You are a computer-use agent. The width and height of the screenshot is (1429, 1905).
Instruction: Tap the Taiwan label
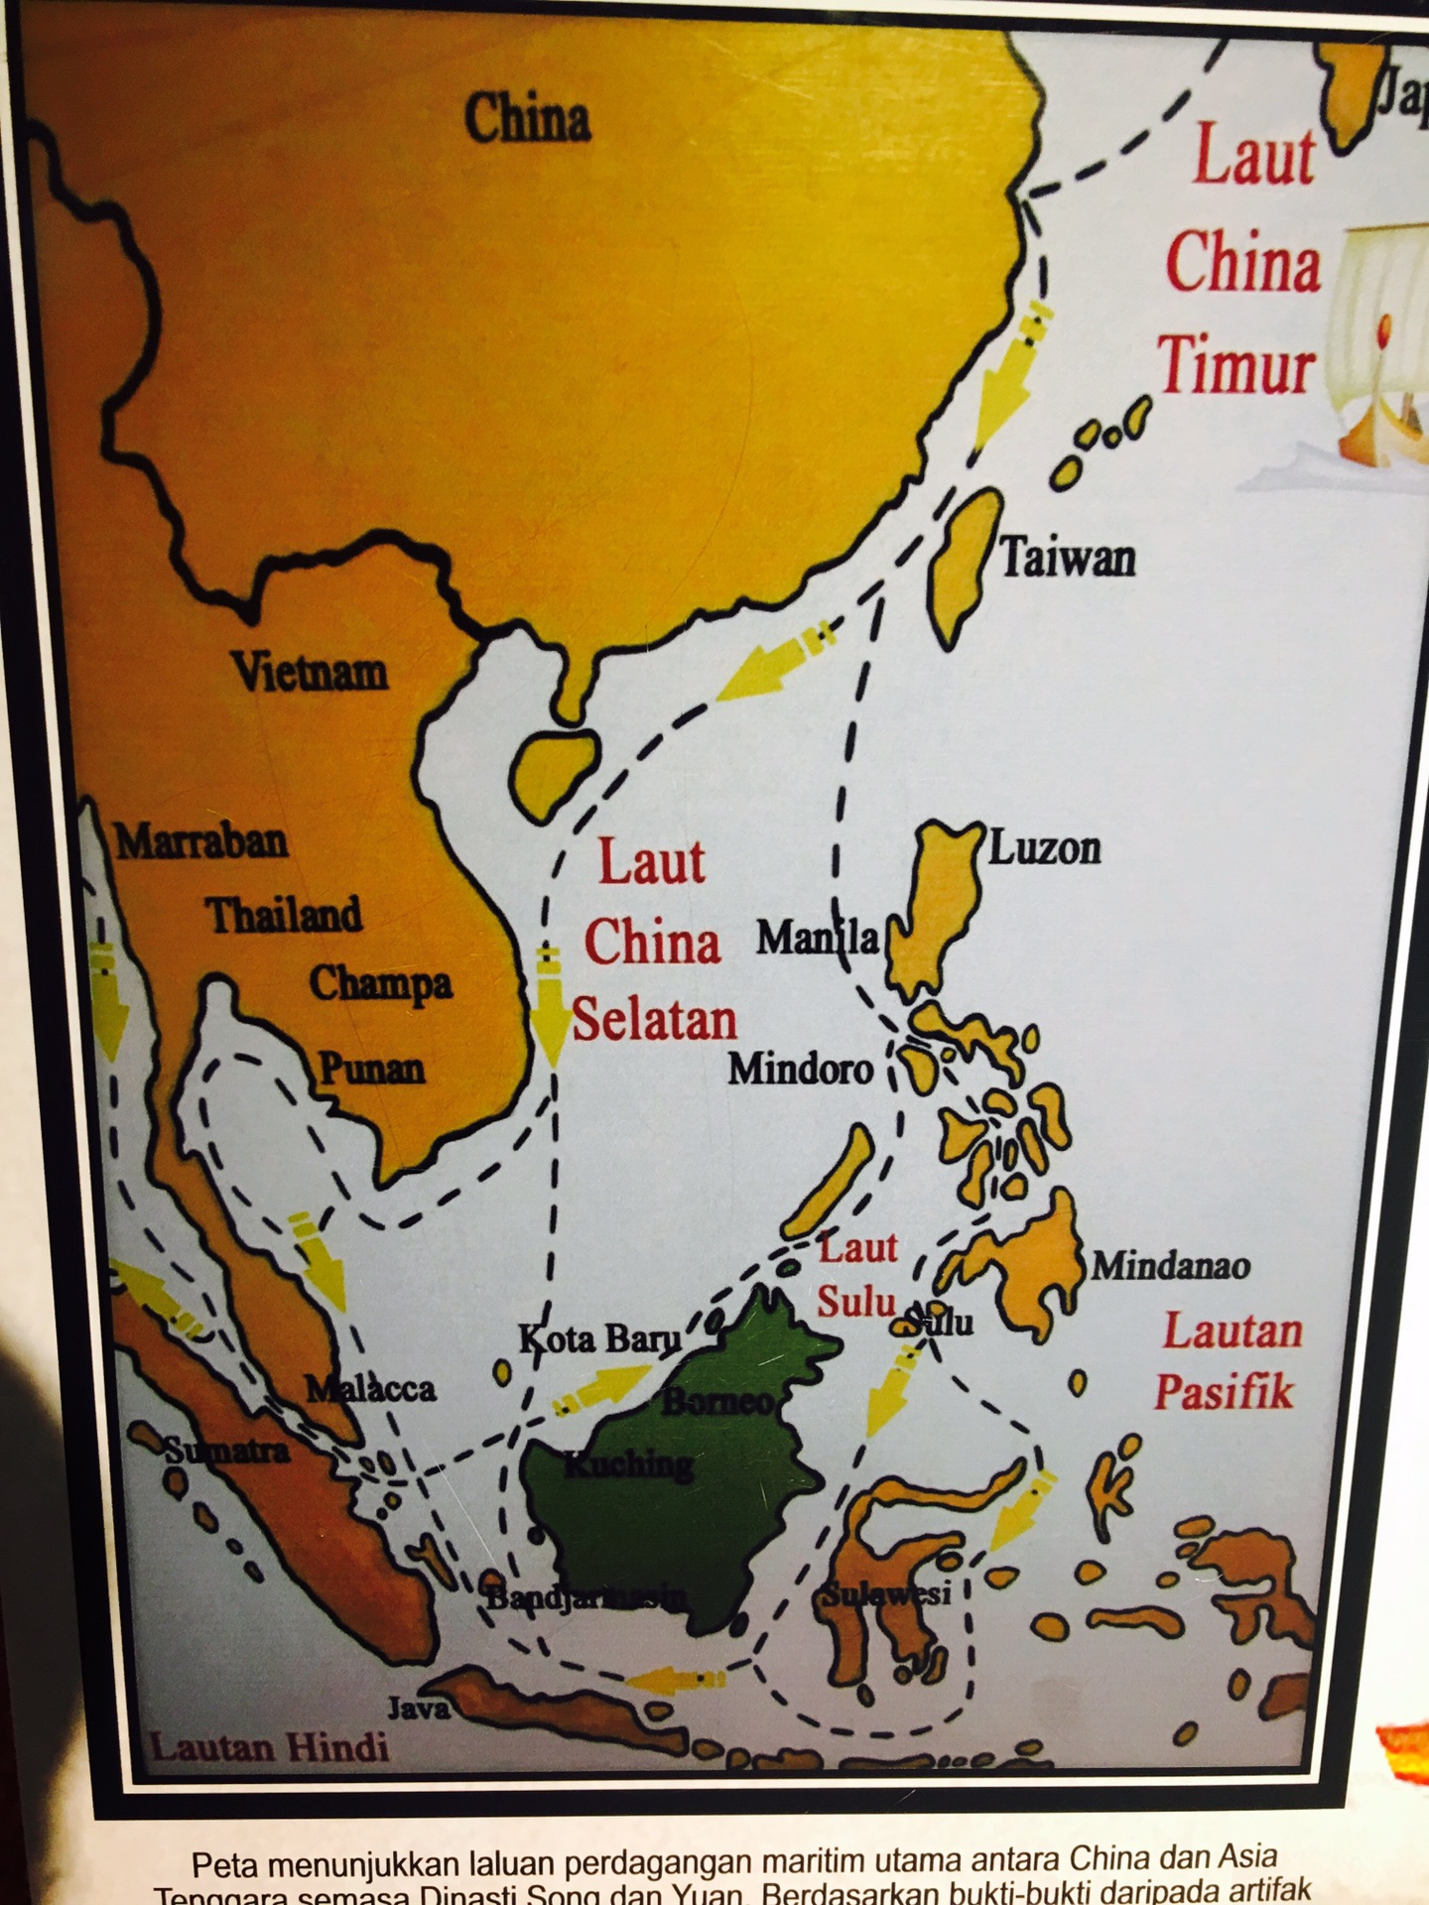pos(1067,557)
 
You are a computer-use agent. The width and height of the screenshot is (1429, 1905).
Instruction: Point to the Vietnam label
pos(310,672)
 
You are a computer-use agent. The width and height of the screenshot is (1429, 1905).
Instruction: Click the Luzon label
pos(1045,848)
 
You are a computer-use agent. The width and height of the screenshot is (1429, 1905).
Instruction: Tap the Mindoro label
pos(801,1069)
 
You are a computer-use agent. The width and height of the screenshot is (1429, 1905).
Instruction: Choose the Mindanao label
pos(1170,1265)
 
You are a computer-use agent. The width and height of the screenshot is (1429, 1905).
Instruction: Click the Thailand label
pos(284,915)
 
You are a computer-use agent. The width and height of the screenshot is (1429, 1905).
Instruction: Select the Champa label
pos(380,983)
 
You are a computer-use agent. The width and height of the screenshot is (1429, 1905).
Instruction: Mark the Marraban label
pos(202,842)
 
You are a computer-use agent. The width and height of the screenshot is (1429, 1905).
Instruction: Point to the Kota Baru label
pos(599,1338)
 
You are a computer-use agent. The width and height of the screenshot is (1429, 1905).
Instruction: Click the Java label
pos(418,1708)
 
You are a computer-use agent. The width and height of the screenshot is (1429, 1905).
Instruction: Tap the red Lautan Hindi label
pos(269,1746)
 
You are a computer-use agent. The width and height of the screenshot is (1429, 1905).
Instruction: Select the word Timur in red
pos(1236,364)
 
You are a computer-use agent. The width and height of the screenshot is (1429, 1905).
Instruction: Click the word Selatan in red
pos(654,1021)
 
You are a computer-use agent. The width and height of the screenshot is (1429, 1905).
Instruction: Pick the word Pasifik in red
pos(1224,1391)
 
